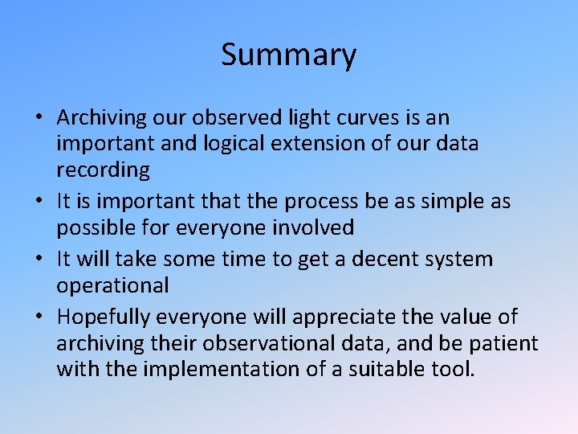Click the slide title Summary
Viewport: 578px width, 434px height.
tap(288, 55)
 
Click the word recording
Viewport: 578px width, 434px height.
tap(103, 170)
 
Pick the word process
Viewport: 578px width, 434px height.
tap(313, 202)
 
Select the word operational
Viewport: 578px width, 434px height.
tap(112, 286)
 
